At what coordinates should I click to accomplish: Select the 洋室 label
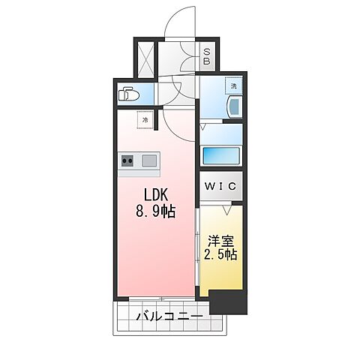(221, 241)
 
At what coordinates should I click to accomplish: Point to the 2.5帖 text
(221, 255)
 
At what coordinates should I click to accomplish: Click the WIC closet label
(220, 184)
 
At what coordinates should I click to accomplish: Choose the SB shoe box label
(207, 57)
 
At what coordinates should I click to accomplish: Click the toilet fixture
(128, 94)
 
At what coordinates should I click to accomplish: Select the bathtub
(221, 156)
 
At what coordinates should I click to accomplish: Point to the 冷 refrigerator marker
(142, 119)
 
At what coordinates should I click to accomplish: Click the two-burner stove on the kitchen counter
(127, 160)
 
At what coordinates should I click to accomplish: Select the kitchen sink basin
(148, 160)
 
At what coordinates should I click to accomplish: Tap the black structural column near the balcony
(228, 301)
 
